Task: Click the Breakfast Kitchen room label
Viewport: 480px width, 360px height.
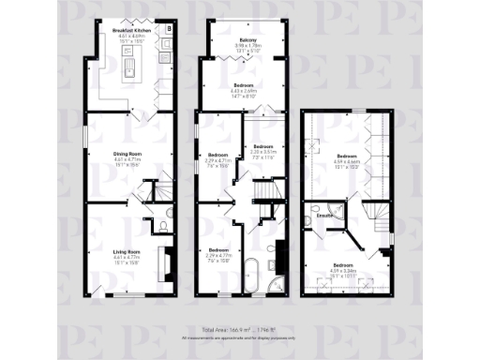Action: [x=131, y=31]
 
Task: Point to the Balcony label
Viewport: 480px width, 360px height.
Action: [x=248, y=39]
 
